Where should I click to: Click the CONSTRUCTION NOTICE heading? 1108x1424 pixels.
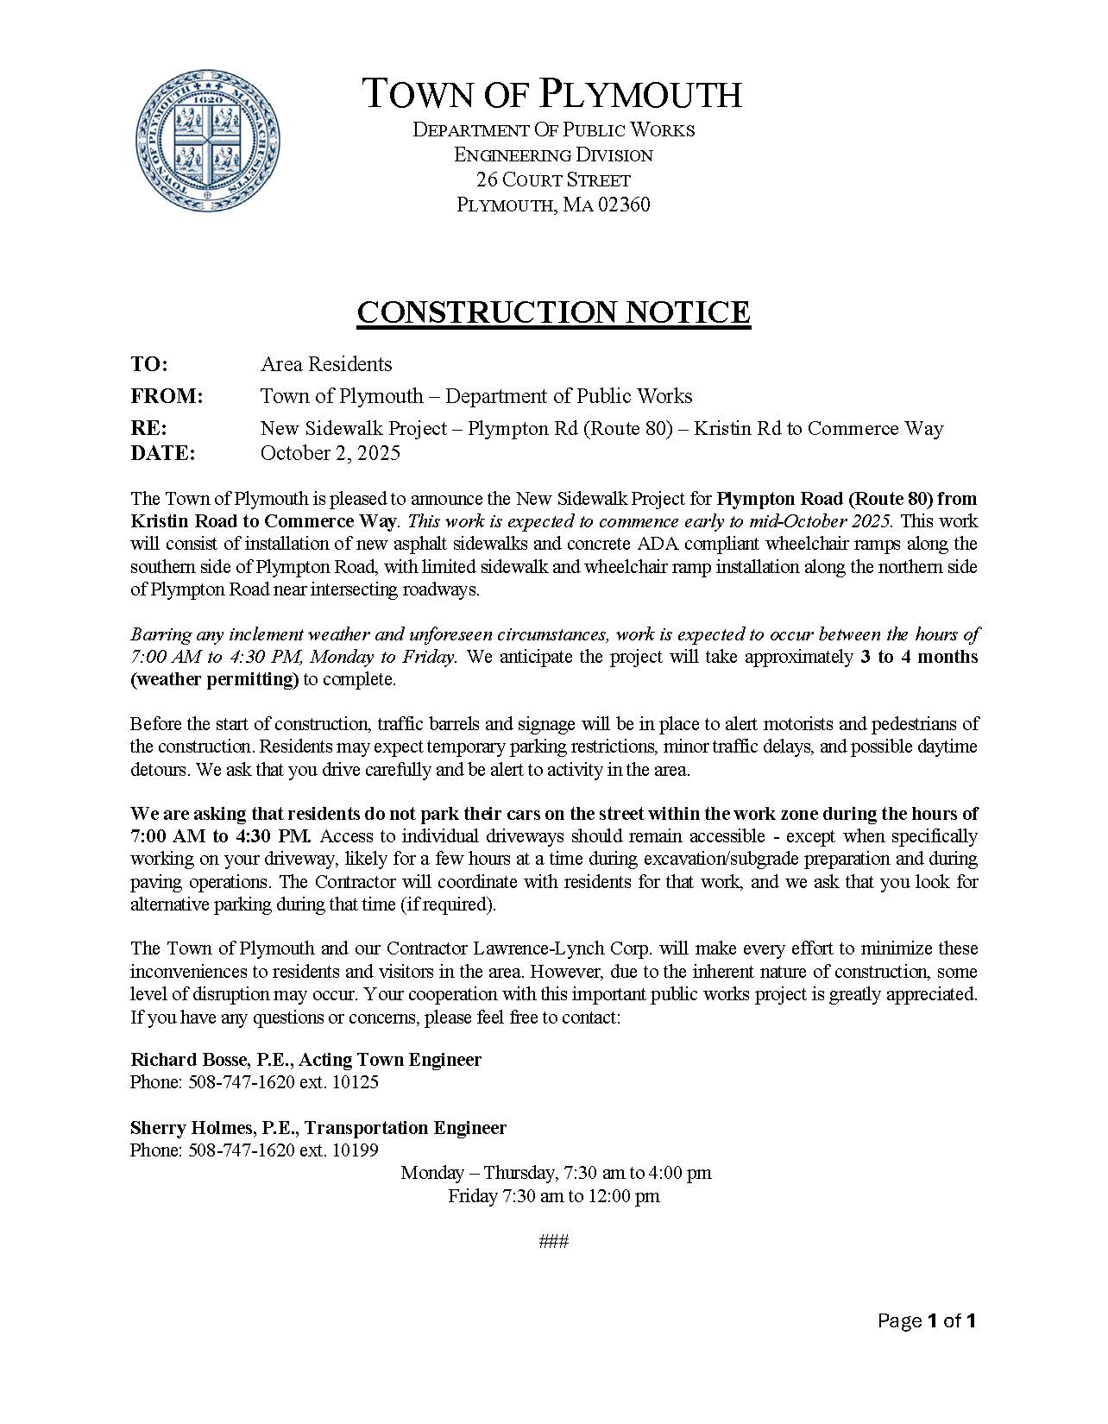[553, 312]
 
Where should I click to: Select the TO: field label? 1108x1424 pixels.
[149, 364]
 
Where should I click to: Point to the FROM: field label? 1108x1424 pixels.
[167, 396]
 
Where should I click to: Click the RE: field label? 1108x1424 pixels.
[148, 428]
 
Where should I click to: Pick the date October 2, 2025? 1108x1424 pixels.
[331, 453]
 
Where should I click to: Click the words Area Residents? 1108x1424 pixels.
[326, 364]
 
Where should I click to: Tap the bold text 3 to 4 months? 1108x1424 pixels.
[919, 657]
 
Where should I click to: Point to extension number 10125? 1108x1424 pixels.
[356, 1082]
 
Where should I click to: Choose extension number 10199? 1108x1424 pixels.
[355, 1150]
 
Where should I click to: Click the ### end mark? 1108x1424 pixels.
[553, 1241]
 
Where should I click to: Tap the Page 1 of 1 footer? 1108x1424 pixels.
[926, 1320]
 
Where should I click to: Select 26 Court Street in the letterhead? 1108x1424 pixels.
[553, 180]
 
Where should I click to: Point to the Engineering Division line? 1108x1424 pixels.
[553, 155]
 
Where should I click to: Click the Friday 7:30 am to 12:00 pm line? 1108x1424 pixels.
[553, 1196]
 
